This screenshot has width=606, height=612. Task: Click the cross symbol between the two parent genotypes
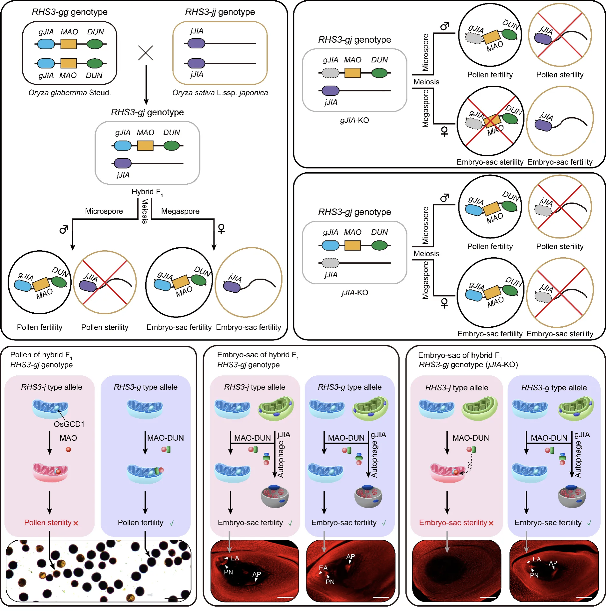click(x=146, y=53)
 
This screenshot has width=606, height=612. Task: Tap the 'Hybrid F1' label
click(x=147, y=192)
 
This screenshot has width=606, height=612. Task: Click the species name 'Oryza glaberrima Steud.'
click(x=70, y=93)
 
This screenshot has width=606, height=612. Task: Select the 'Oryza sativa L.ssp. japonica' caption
click(x=220, y=93)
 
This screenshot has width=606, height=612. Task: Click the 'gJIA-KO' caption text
click(x=354, y=120)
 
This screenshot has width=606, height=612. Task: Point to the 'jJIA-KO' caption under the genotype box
click(x=354, y=292)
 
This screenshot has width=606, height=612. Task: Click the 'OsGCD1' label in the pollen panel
click(x=69, y=424)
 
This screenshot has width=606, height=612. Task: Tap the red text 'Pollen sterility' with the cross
click(x=51, y=523)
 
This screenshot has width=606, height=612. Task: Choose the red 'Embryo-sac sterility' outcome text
click(x=456, y=523)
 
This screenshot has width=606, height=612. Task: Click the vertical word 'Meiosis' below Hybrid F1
click(x=145, y=211)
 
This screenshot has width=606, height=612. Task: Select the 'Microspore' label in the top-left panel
click(x=104, y=211)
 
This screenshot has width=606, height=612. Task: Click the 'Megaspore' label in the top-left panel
click(x=180, y=211)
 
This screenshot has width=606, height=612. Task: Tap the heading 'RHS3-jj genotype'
click(x=220, y=12)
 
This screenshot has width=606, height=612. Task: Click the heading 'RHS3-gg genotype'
click(x=70, y=12)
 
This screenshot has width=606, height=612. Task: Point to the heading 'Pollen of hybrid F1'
click(x=41, y=355)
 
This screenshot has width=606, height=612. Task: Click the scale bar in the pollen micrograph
click(x=175, y=599)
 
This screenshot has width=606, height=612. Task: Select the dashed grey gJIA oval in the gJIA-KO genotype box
click(x=331, y=73)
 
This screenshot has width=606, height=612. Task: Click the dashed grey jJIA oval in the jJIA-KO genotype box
click(x=331, y=263)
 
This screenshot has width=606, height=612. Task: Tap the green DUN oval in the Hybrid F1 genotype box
click(x=172, y=146)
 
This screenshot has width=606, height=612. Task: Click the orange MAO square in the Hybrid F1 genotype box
click(x=145, y=146)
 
